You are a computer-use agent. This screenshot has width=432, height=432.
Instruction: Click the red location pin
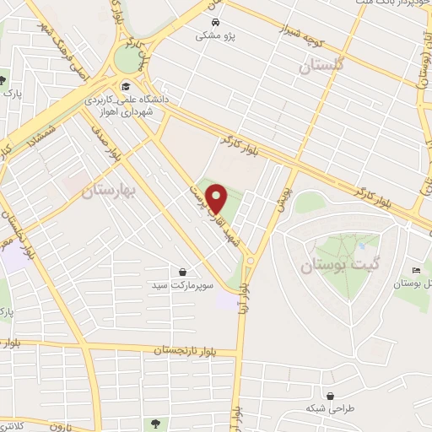(219, 198)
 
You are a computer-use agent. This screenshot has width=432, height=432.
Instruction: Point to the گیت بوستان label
(342, 266)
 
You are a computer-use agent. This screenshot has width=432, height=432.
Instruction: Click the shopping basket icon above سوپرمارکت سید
(183, 272)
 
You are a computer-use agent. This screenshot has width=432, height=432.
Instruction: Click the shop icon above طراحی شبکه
(330, 395)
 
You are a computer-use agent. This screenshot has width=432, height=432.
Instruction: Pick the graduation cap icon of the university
(125, 85)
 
